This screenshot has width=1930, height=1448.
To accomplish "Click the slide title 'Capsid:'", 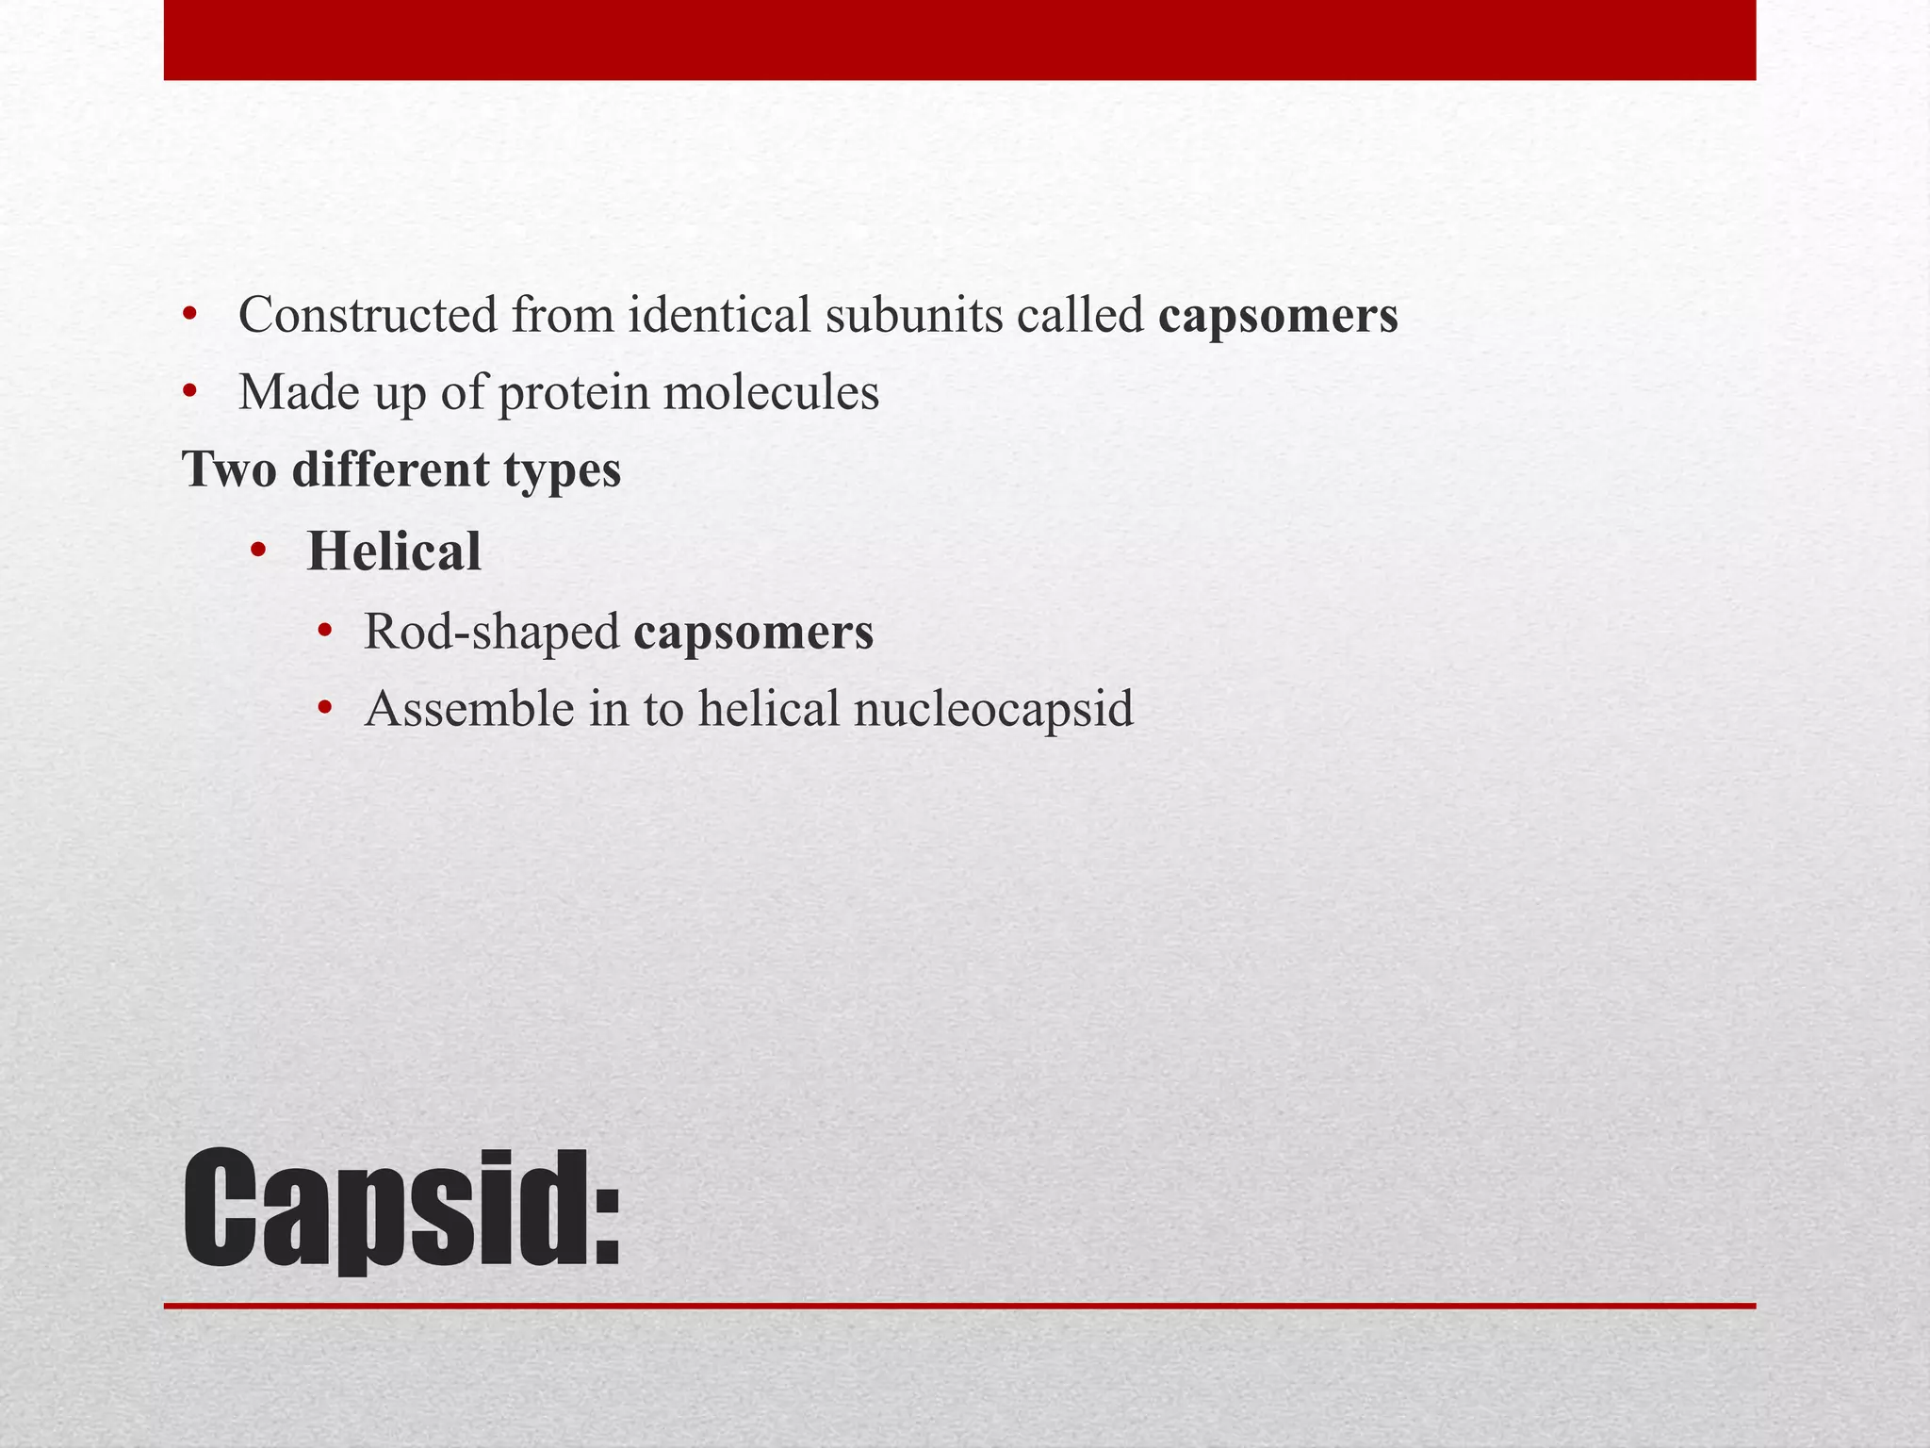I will pyautogui.click(x=401, y=1209).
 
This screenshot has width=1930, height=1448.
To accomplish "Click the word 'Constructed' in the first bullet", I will pyautogui.click(x=368, y=315).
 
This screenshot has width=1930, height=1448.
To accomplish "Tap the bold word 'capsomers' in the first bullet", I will pyautogui.click(x=1278, y=317).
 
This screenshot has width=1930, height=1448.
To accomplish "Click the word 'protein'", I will pyautogui.click(x=573, y=394).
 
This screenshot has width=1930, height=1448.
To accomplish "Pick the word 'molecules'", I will pyautogui.click(x=771, y=392).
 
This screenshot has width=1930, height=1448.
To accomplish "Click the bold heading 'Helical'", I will pyautogui.click(x=394, y=551).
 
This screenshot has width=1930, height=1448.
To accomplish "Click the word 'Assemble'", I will pyautogui.click(x=468, y=709).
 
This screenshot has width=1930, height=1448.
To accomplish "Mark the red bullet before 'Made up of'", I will pyautogui.click(x=190, y=390).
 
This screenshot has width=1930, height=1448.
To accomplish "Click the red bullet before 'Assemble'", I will pyautogui.click(x=326, y=707).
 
